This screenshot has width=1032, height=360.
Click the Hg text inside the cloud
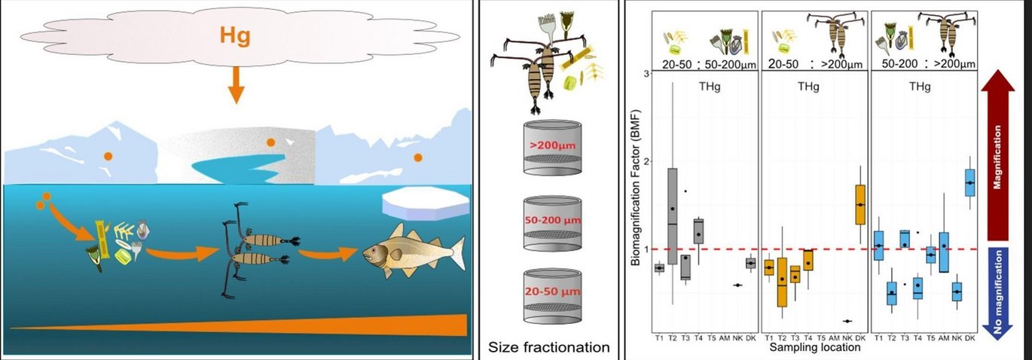pyautogui.click(x=235, y=35)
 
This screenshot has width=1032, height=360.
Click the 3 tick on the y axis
pyautogui.click(x=646, y=74)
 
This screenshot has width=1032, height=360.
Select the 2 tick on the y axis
pyautogui.click(x=646, y=161)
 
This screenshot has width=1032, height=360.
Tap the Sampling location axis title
pyautogui.click(x=816, y=348)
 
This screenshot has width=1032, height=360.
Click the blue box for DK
pyautogui.click(x=969, y=183)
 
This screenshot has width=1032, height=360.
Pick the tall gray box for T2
pyautogui.click(x=672, y=215)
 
